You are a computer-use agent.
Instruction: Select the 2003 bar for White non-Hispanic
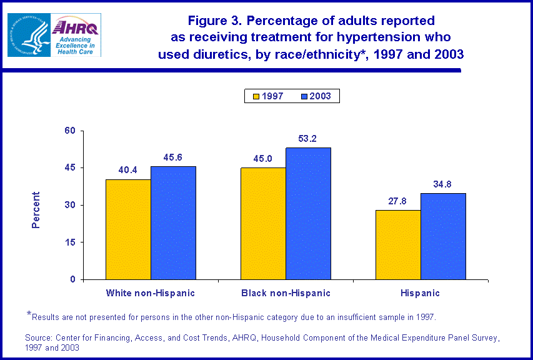173,222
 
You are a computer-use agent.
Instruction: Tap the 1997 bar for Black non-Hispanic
263,223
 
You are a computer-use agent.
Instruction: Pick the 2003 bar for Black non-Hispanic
308,213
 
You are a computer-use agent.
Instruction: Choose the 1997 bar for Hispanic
398,244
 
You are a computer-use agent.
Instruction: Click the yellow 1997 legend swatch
256,96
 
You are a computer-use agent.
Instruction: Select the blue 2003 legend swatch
306,96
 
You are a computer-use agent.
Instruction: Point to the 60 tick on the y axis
69,131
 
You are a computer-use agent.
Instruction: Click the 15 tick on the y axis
69,242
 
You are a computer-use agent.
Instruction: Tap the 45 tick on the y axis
69,167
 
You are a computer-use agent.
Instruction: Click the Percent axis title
36,209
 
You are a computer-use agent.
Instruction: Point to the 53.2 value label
308,138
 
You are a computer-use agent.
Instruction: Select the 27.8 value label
398,201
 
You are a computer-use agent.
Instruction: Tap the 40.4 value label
128,169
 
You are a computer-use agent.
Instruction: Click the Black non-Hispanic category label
286,292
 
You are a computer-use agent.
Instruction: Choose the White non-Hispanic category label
151,292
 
